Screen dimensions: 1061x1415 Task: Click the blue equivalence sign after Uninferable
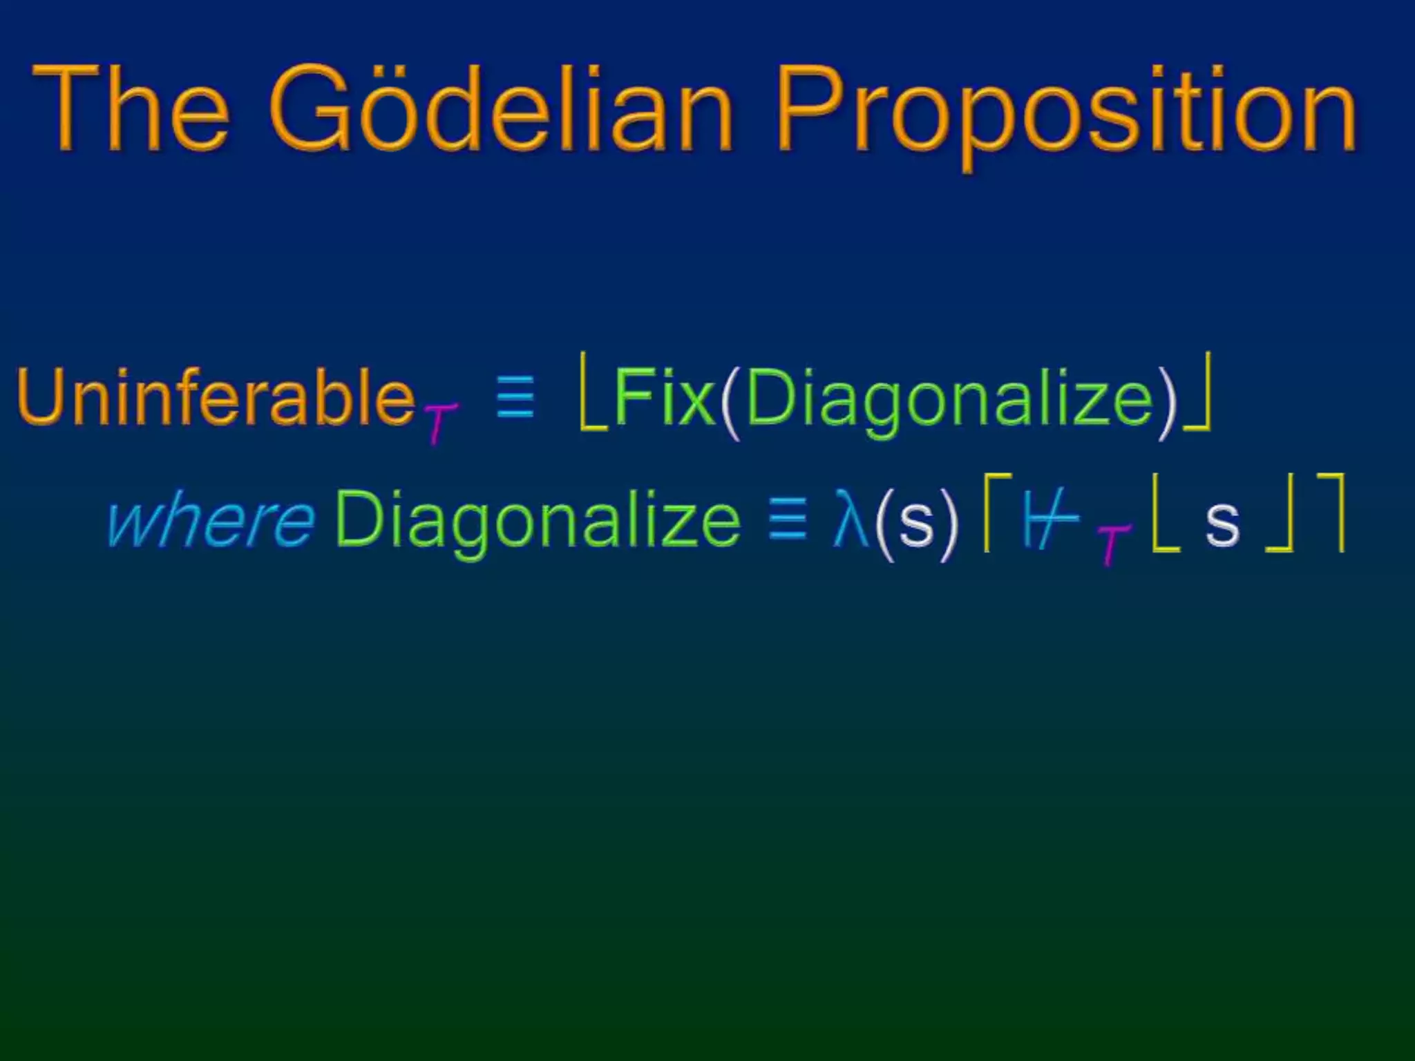(x=515, y=398)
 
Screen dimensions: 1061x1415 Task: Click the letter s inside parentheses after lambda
(x=916, y=523)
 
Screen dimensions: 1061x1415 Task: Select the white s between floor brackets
(x=1222, y=523)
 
